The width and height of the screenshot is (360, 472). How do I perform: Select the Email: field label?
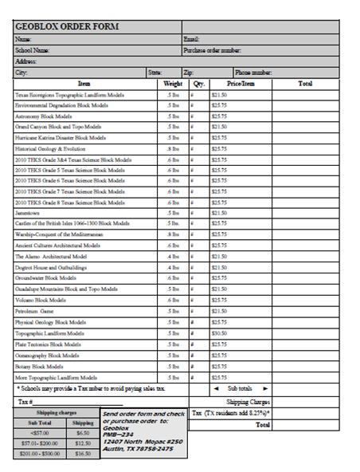(191, 38)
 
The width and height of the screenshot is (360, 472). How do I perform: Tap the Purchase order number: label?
(212, 49)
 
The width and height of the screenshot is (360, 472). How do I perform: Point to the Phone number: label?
(254, 73)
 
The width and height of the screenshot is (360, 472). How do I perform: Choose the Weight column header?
(173, 83)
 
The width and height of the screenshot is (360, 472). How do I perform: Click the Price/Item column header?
(241, 83)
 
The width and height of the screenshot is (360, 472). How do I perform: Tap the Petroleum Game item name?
(33, 311)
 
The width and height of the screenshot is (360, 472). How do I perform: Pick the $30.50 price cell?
(219, 332)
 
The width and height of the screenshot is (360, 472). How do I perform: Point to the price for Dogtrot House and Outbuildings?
(219, 267)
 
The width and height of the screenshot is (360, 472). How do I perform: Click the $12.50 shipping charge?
(83, 442)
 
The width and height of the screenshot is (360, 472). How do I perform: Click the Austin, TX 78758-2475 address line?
(138, 448)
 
